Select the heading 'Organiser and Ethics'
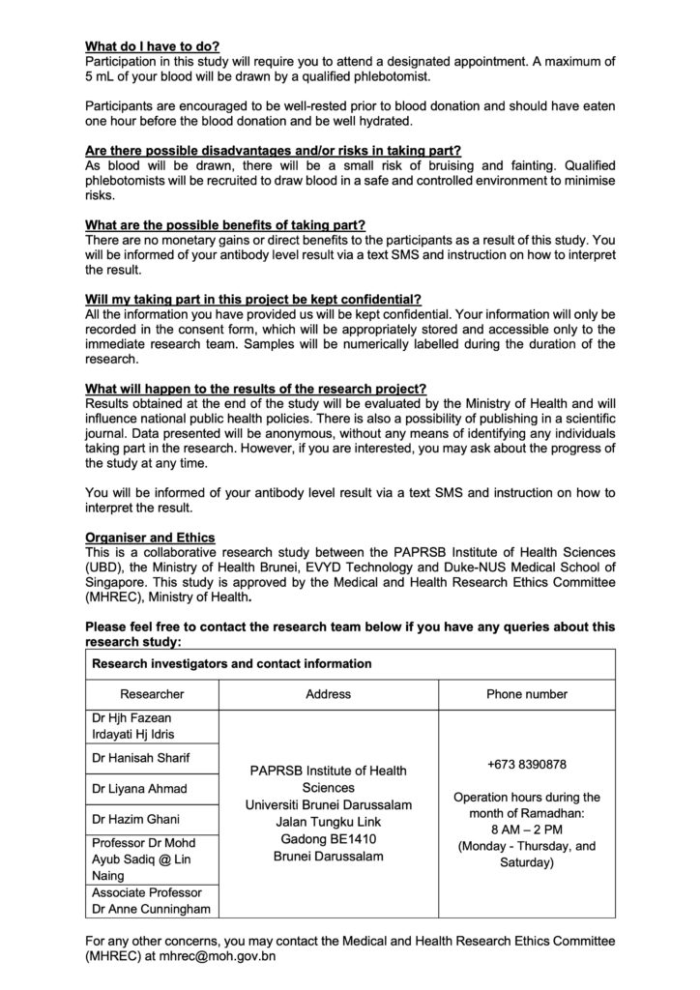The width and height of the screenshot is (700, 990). coord(151,537)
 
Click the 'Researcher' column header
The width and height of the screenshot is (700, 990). coord(152,694)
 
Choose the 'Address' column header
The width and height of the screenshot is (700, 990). coord(329,694)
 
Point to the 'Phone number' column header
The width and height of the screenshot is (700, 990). coord(527,694)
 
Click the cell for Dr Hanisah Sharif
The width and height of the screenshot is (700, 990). coord(140,759)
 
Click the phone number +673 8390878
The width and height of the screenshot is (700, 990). coord(527,765)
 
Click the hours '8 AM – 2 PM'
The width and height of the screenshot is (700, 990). coord(527,830)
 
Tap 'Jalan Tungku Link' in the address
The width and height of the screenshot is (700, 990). coord(329,822)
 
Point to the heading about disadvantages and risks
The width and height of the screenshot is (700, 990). coord(273,151)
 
